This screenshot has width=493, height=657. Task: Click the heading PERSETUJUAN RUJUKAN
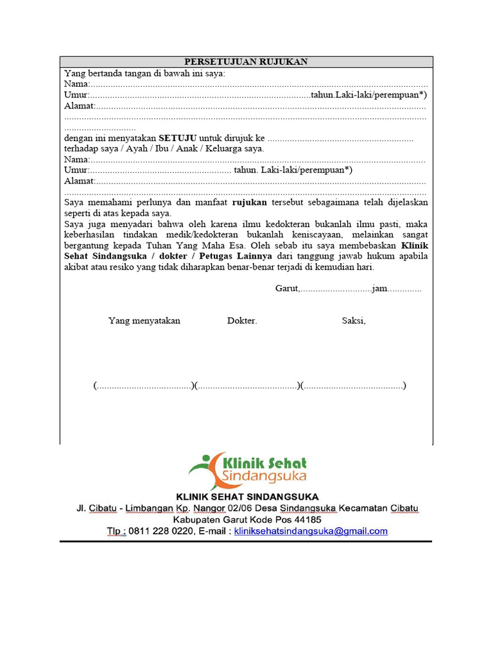(x=246, y=62)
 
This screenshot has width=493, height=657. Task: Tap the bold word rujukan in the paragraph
(x=250, y=202)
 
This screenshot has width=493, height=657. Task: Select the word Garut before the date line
(x=287, y=289)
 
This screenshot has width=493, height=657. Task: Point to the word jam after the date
(x=379, y=289)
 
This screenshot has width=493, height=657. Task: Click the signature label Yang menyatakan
(x=144, y=321)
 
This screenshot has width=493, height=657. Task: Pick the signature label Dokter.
(x=242, y=321)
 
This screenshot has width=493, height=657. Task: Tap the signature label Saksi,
(x=354, y=321)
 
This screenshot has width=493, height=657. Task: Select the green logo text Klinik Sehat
(x=263, y=463)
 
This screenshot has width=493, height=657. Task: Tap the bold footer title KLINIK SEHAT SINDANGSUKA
(x=247, y=497)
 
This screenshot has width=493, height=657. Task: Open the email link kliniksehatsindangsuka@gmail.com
(x=311, y=531)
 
